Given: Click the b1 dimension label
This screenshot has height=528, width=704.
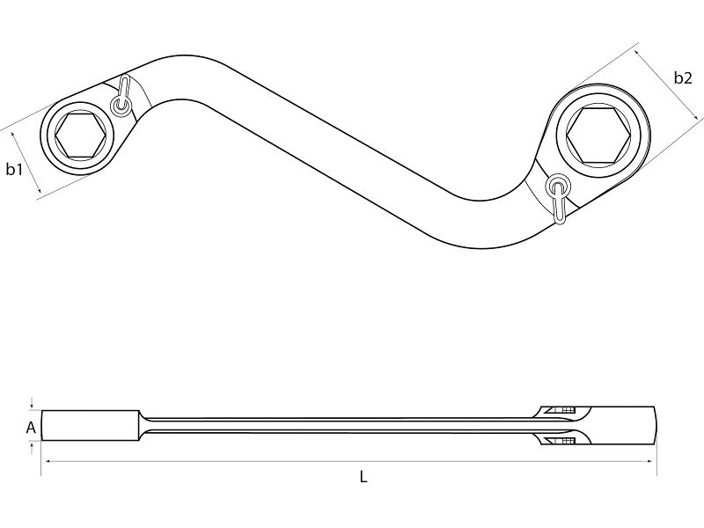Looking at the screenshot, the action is click(x=14, y=169).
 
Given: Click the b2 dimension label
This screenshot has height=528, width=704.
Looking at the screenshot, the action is click(x=683, y=78).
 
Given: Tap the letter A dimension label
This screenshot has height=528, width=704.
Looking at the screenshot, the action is click(x=31, y=428).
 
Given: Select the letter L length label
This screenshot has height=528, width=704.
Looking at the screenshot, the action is click(x=363, y=476).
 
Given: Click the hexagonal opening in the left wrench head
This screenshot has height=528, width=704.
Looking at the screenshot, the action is click(x=79, y=135).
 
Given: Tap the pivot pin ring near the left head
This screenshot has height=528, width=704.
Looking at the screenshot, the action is click(x=121, y=106).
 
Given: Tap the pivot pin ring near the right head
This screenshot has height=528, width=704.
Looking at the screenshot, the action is click(x=558, y=185).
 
